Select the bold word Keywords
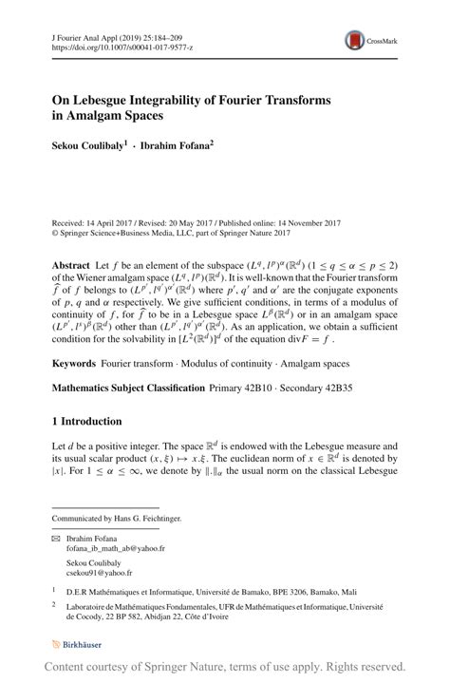pyautogui.click(x=73, y=363)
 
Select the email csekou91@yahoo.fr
pyautogui.click(x=99, y=573)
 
